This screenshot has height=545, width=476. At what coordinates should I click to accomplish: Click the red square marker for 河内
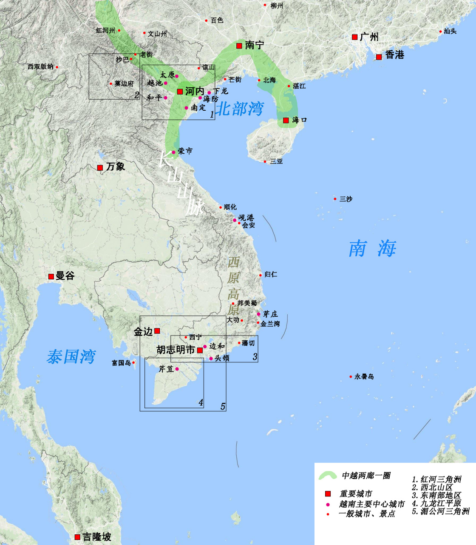180,92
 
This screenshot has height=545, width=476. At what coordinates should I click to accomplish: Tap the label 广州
369,37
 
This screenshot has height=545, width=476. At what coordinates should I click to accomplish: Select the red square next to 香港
379,57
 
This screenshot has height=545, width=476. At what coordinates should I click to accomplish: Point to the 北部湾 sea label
239,109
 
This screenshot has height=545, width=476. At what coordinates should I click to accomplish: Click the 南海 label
372,248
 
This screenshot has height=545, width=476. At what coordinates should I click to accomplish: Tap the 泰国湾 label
71,356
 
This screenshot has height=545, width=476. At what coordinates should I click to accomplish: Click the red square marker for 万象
100,168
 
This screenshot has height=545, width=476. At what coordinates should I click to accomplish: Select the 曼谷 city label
65,276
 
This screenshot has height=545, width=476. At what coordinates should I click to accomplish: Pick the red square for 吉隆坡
77,537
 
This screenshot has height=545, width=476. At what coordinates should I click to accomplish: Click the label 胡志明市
176,350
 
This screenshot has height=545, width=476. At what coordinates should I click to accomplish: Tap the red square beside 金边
157,331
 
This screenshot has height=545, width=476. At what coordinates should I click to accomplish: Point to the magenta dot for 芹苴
177,369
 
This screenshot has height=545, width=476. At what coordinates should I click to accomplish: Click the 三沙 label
346,199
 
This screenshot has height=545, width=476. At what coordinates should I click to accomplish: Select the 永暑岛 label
364,377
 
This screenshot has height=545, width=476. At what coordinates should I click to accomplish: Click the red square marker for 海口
286,120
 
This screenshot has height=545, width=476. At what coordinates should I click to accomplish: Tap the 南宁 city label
255,45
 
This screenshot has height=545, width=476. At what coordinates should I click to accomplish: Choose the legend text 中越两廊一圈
366,476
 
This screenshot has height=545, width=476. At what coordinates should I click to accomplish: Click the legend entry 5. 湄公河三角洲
440,511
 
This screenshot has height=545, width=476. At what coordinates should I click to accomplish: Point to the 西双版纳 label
41,67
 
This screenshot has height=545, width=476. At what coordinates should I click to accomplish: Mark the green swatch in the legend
328,475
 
